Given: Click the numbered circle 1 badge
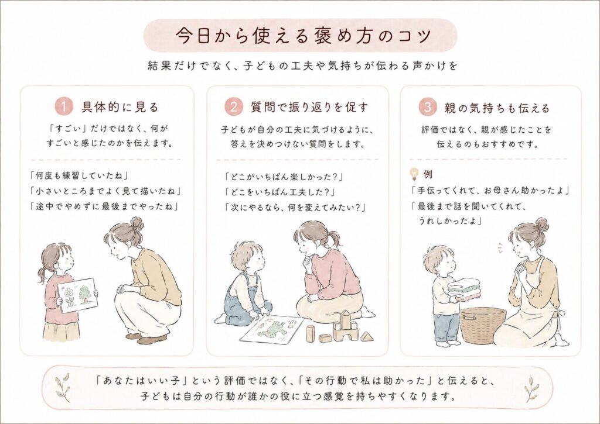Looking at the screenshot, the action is point(64,107).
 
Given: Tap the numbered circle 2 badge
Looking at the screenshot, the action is point(234,107).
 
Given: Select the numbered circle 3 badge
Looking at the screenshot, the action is point(427,107).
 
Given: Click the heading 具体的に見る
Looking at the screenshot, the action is point(120,108).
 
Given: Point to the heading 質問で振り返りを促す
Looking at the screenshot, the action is point(309,108).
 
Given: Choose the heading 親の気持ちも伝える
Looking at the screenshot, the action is point(497,108).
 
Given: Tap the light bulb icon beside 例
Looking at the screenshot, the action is point(414,174).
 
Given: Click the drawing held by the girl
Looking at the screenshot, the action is point(77,295).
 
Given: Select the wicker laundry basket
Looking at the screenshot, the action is point(483,325).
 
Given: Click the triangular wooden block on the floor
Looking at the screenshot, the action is point(367,336).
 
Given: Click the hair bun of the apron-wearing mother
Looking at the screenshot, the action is point(542,225).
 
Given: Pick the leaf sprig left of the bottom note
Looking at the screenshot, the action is point(63,387).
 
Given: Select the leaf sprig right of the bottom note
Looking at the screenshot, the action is point(531,388).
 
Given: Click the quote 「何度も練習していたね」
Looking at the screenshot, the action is point(79,175).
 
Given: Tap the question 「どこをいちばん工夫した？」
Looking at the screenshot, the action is point(279,192).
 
